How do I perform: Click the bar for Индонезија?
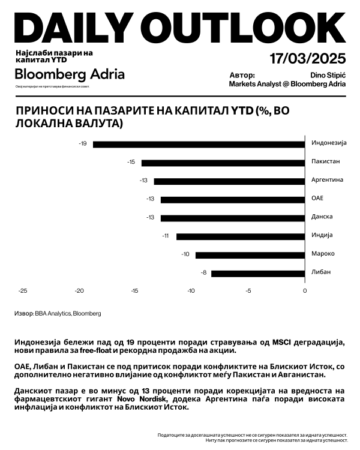(199, 144)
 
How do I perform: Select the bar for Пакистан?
(223, 163)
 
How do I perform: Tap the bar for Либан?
(258, 274)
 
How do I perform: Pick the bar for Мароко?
(250, 255)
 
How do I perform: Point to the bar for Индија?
(241, 236)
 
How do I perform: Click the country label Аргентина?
(327, 180)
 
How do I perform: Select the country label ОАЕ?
(317, 199)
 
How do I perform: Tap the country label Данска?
(322, 217)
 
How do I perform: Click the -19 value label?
(83, 144)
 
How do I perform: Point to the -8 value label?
(205, 274)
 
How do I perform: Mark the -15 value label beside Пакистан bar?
(131, 163)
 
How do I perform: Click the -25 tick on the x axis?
(23, 291)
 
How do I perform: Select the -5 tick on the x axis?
(248, 291)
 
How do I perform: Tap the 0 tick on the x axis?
(305, 291)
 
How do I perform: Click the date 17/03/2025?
(307, 59)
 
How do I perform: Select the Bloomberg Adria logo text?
(70, 74)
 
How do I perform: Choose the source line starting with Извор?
(58, 313)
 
